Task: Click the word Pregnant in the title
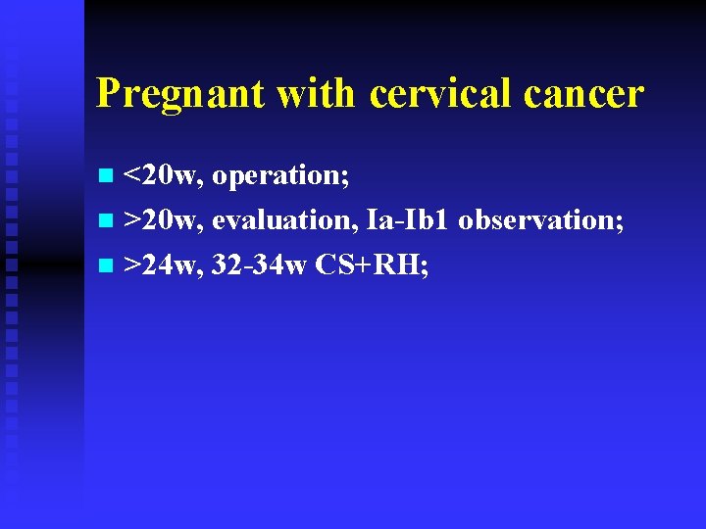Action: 180,95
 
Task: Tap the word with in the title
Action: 316,93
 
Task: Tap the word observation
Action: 536,220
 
